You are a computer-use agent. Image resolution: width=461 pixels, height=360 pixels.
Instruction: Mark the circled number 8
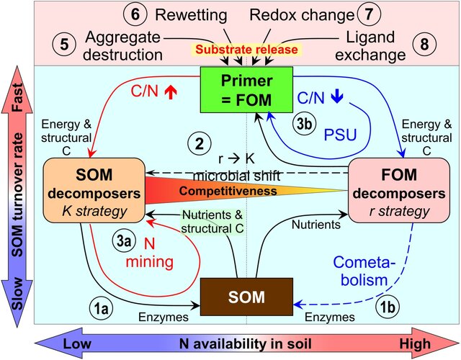(x=427, y=45)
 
